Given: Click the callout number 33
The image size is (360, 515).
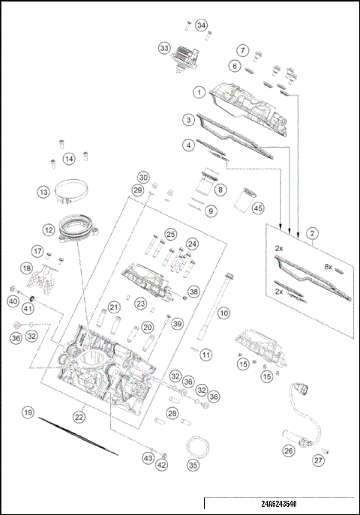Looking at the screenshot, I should coord(164,47).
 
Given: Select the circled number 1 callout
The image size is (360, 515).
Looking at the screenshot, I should coord(199,92).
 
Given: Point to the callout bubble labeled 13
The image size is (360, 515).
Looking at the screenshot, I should coord(43,193).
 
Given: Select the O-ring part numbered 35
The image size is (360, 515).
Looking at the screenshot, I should coord(197,447).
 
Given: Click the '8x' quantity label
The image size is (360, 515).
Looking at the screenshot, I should coord(328,266).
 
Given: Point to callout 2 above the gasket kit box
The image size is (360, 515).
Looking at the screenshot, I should coord(311,234).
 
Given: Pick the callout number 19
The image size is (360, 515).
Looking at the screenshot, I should coord(28,412).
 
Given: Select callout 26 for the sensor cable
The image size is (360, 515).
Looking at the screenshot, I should coord(288,451).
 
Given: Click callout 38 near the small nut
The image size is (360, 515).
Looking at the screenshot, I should coord(193,291).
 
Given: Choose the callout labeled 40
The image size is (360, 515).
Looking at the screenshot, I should coord(13,301).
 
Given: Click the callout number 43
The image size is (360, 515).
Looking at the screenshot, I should coord(148,457).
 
